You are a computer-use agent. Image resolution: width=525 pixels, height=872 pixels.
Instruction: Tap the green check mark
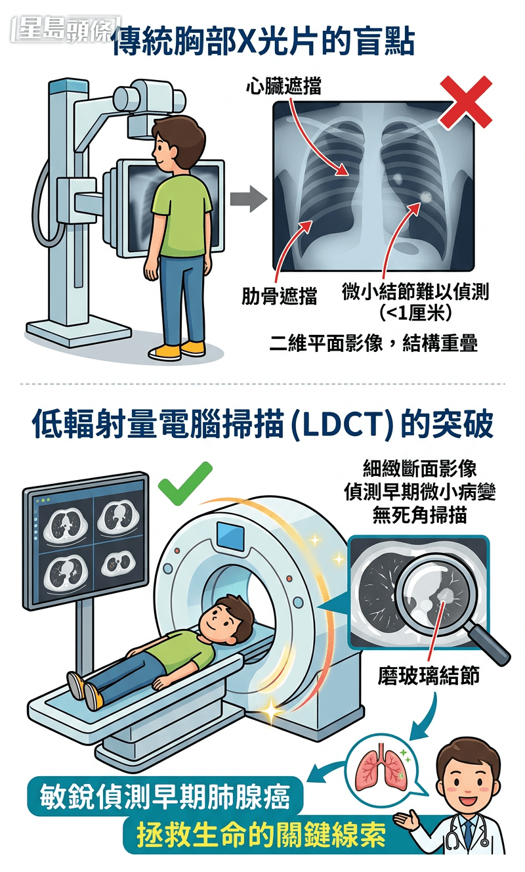click(x=186, y=484)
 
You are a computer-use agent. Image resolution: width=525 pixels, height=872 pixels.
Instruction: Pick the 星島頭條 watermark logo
click(x=64, y=29)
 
